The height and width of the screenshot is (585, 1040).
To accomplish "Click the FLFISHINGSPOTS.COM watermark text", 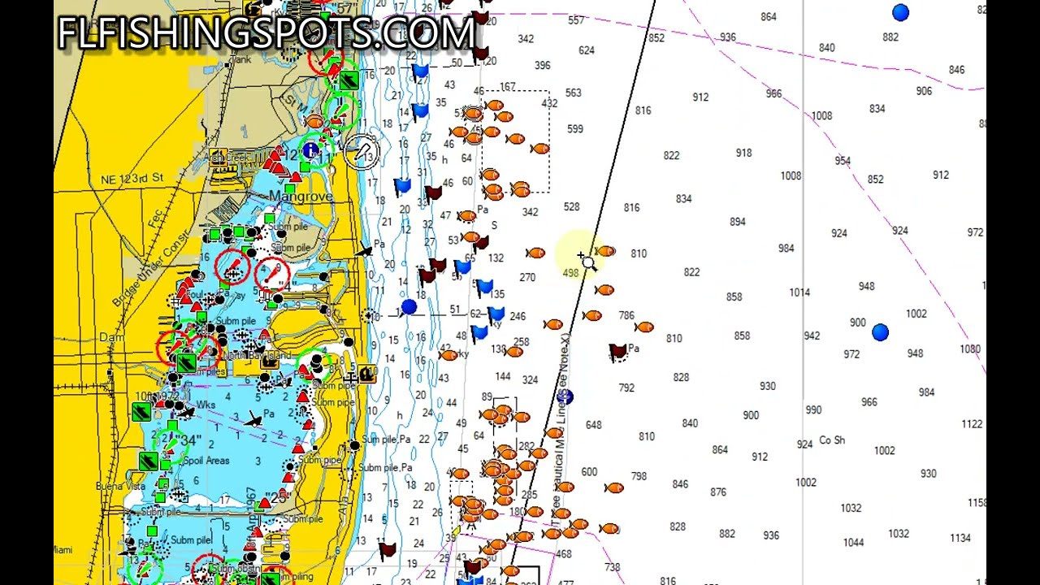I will (266, 32).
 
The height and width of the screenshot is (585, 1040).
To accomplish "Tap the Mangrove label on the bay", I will (301, 197).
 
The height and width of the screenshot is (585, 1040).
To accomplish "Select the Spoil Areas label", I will (206, 461).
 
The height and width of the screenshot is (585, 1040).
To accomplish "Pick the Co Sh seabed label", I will (832, 440).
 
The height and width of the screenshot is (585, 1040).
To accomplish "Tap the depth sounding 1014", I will (799, 292).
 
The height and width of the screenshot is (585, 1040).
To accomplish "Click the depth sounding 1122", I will (972, 424).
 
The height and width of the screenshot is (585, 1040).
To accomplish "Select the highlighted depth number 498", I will (570, 273).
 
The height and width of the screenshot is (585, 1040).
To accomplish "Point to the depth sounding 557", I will (576, 20).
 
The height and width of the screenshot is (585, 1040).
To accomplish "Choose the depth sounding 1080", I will (970, 349).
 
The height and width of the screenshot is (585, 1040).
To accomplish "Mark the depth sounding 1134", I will (960, 538).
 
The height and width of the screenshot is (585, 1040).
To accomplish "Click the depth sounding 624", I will (586, 50).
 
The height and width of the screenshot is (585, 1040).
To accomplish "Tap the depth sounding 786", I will (626, 315).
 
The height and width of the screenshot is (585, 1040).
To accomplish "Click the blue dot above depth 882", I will (900, 12).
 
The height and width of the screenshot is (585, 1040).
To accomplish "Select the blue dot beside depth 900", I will (880, 332).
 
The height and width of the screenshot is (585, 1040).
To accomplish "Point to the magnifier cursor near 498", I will (588, 263).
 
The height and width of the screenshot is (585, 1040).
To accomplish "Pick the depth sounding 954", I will (843, 161).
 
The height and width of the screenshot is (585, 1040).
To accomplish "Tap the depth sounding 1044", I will (853, 543).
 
